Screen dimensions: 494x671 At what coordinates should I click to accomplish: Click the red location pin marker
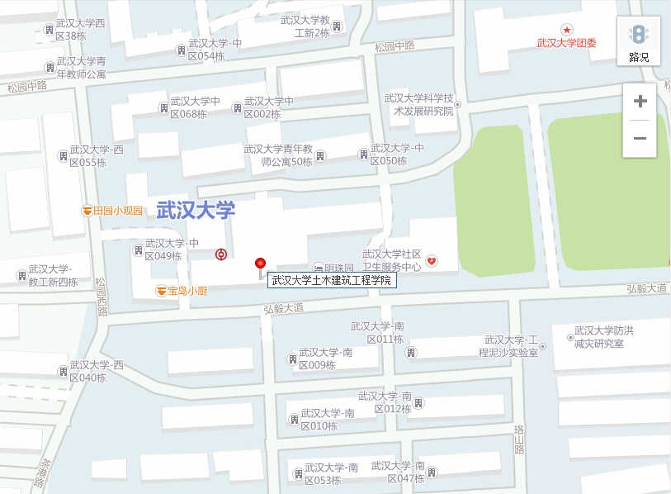(x=261, y=264)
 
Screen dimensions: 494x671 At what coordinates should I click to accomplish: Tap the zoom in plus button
(x=640, y=102)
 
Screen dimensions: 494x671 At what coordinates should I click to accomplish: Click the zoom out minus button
(x=640, y=138)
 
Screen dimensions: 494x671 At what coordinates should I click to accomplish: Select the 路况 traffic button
(x=639, y=41)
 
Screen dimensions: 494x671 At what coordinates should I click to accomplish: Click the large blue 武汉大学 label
(x=196, y=211)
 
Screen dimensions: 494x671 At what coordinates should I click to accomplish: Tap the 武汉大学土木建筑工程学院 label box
(x=332, y=281)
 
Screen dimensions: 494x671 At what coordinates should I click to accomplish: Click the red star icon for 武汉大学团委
(x=566, y=30)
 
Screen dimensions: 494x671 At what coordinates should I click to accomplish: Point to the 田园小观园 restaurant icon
(x=87, y=211)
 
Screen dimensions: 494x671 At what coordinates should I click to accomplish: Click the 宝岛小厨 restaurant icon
(x=161, y=291)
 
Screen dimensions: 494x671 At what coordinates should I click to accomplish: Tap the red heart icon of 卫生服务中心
(x=431, y=262)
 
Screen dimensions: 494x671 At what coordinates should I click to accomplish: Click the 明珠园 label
(x=338, y=268)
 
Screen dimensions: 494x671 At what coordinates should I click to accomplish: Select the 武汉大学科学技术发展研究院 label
(x=419, y=105)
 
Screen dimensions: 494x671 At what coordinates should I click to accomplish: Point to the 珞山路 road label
(x=519, y=439)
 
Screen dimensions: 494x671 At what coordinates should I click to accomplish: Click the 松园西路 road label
(x=102, y=296)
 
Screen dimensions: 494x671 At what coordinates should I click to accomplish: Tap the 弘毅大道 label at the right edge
(x=645, y=288)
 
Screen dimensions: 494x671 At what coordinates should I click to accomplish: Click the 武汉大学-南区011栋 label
(x=376, y=333)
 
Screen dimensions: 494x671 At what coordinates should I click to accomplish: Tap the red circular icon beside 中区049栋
(x=220, y=254)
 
